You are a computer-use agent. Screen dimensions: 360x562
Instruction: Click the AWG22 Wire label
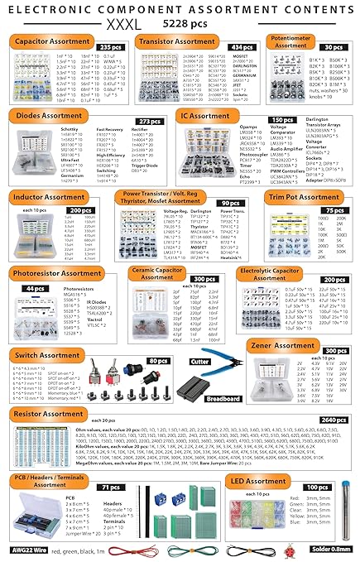point(29,548)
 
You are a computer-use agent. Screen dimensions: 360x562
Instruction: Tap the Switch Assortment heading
point(48,355)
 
